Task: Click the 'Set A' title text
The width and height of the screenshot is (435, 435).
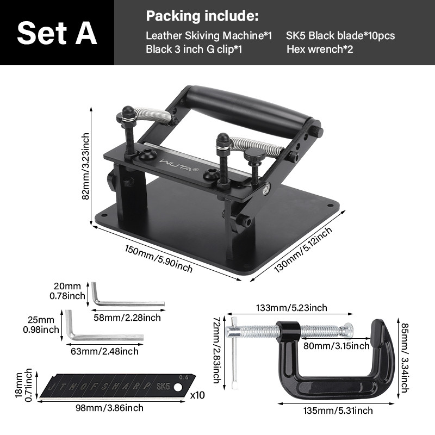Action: click(57, 33)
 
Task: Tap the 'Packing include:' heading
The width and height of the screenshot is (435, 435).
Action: click(202, 16)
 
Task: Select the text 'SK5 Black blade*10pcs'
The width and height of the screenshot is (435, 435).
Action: click(340, 35)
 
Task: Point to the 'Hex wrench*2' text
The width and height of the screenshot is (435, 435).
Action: click(320, 49)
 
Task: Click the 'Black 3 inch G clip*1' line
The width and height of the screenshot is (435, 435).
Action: click(194, 49)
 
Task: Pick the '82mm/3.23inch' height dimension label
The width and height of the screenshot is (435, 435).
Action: click(86, 166)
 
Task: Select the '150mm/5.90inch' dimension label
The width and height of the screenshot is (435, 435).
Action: click(158, 259)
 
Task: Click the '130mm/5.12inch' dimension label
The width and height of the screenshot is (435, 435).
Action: click(303, 249)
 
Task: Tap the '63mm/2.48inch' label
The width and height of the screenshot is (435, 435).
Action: click(104, 351)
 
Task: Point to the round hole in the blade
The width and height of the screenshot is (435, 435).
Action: click(178, 387)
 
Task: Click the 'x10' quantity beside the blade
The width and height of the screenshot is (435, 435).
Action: click(197, 395)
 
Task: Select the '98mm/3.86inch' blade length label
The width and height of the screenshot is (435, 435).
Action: click(110, 408)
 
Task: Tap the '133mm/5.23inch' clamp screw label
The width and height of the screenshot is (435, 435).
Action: click(291, 308)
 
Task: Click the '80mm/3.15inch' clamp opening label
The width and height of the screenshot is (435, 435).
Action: click(337, 346)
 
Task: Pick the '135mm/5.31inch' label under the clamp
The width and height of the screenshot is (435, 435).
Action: click(338, 411)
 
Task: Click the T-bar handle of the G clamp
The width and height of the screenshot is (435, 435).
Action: click(234, 352)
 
